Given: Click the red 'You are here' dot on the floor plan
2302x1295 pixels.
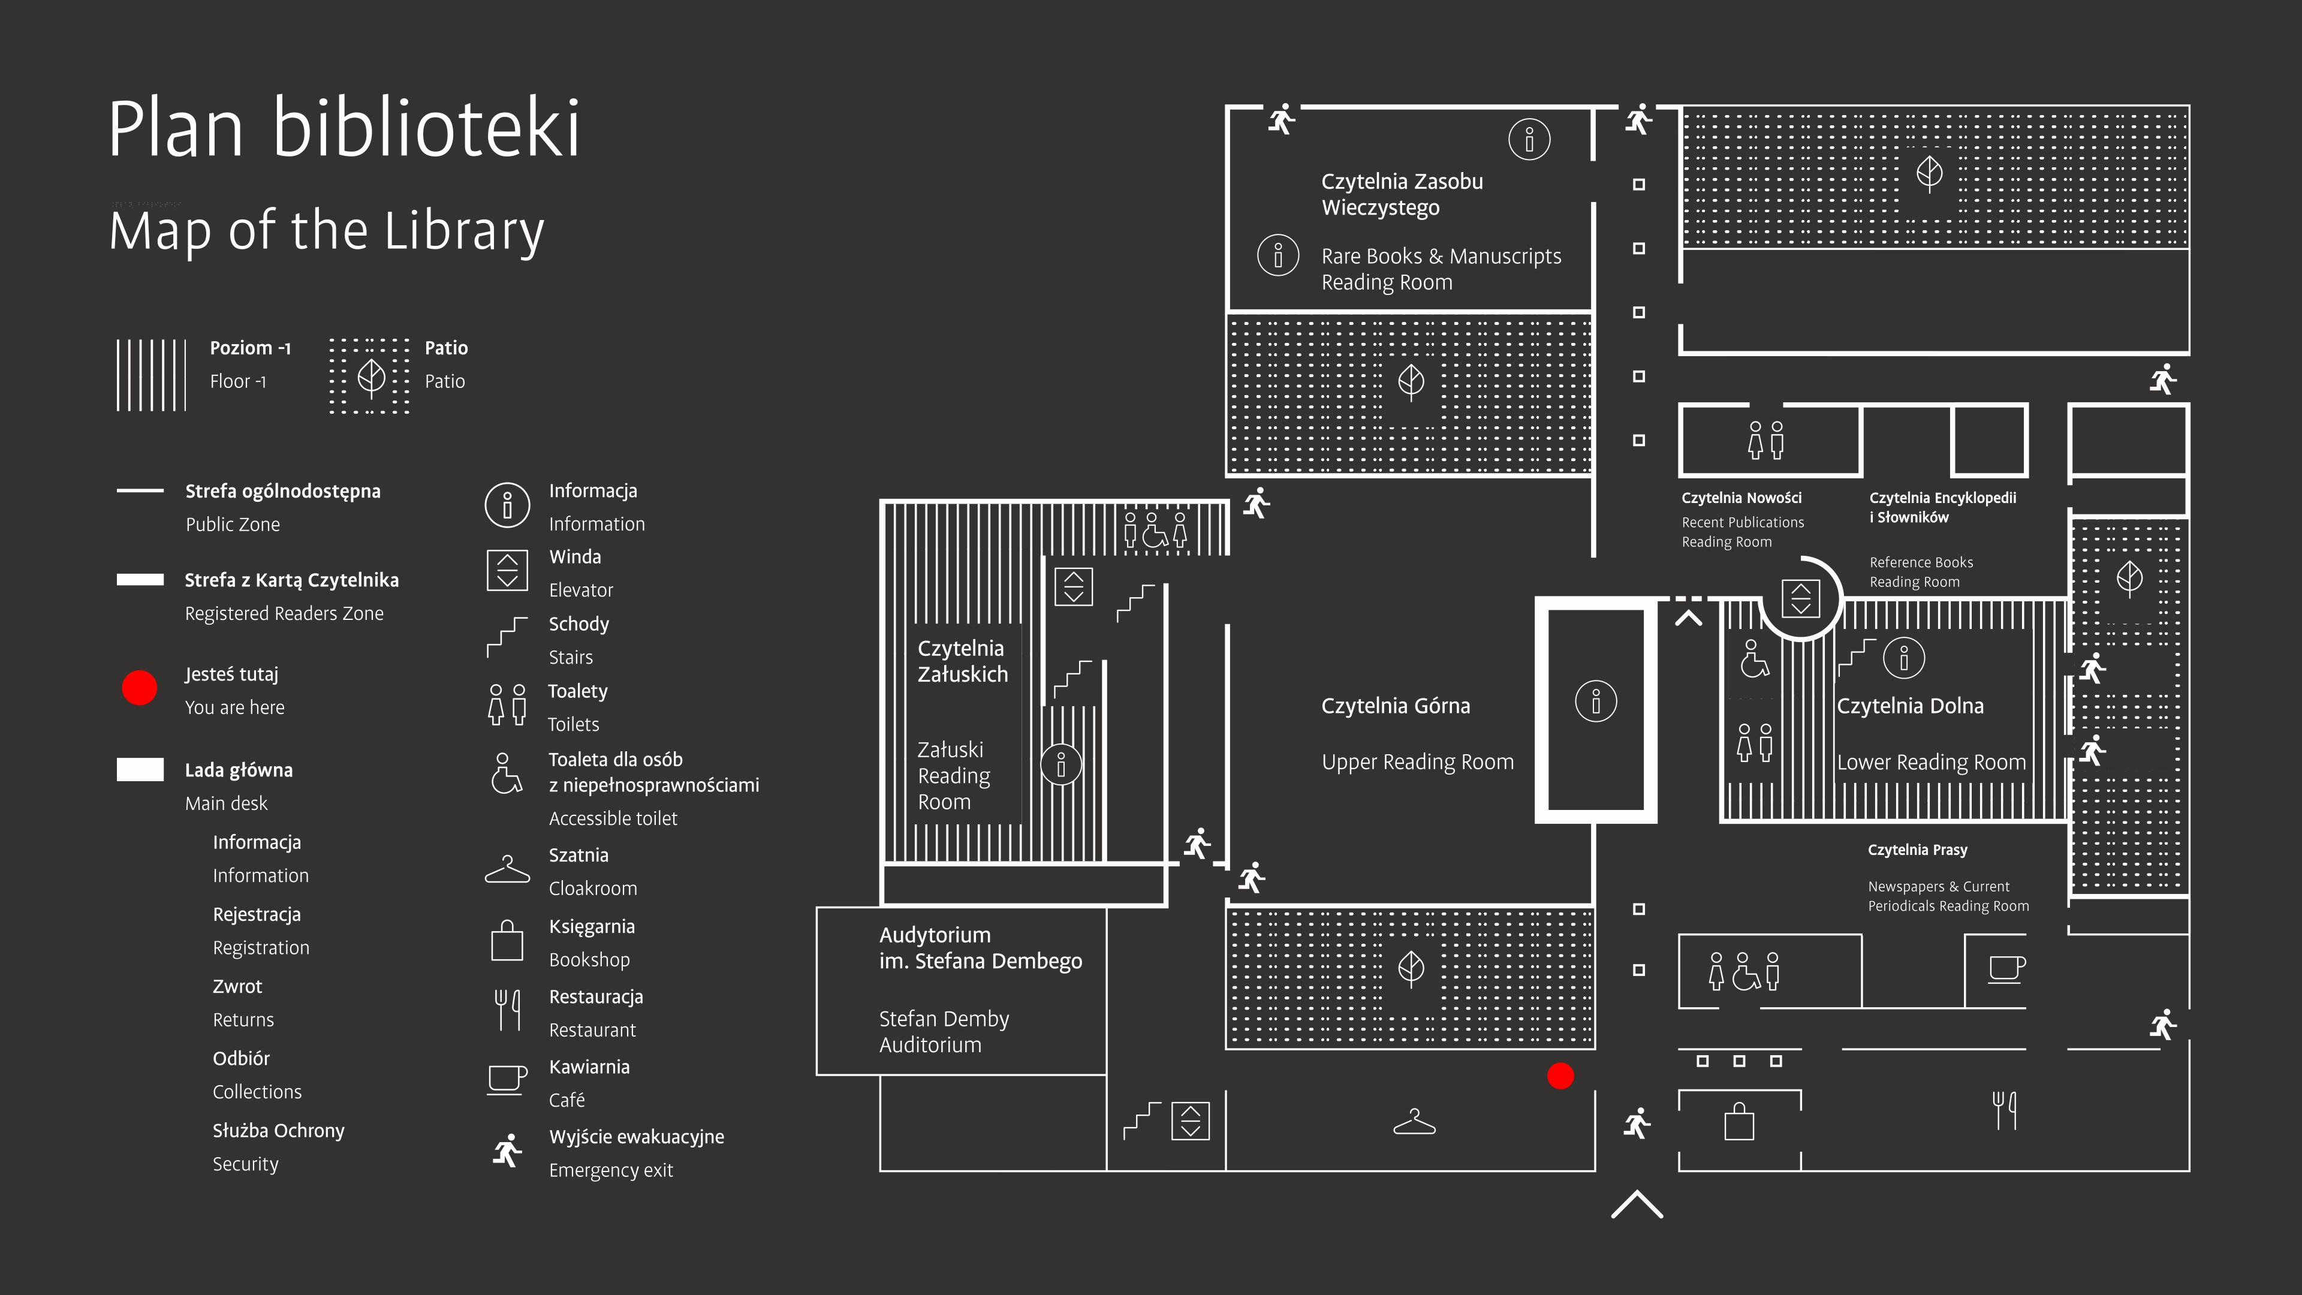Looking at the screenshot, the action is [1560, 1076].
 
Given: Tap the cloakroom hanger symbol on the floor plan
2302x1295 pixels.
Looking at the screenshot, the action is [1414, 1122].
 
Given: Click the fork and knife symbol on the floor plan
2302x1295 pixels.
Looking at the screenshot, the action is [2005, 1110].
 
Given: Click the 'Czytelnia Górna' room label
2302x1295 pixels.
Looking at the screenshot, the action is [1395, 706].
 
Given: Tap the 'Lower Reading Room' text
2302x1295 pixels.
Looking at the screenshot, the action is [1931, 763].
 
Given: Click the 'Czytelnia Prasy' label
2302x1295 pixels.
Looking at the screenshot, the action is [1918, 850].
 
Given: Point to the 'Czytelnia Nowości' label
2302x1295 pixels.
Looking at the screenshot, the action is [1741, 498].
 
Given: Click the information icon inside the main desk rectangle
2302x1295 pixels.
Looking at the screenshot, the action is [1596, 701].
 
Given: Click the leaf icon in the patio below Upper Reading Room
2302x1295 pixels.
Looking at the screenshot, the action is [1411, 968].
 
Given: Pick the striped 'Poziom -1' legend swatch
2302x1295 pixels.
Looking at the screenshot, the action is [151, 375].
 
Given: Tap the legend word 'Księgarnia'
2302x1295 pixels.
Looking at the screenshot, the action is [592, 927].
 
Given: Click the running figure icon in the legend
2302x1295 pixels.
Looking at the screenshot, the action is [507, 1151].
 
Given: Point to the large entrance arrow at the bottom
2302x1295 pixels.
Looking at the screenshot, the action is [1637, 1204].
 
